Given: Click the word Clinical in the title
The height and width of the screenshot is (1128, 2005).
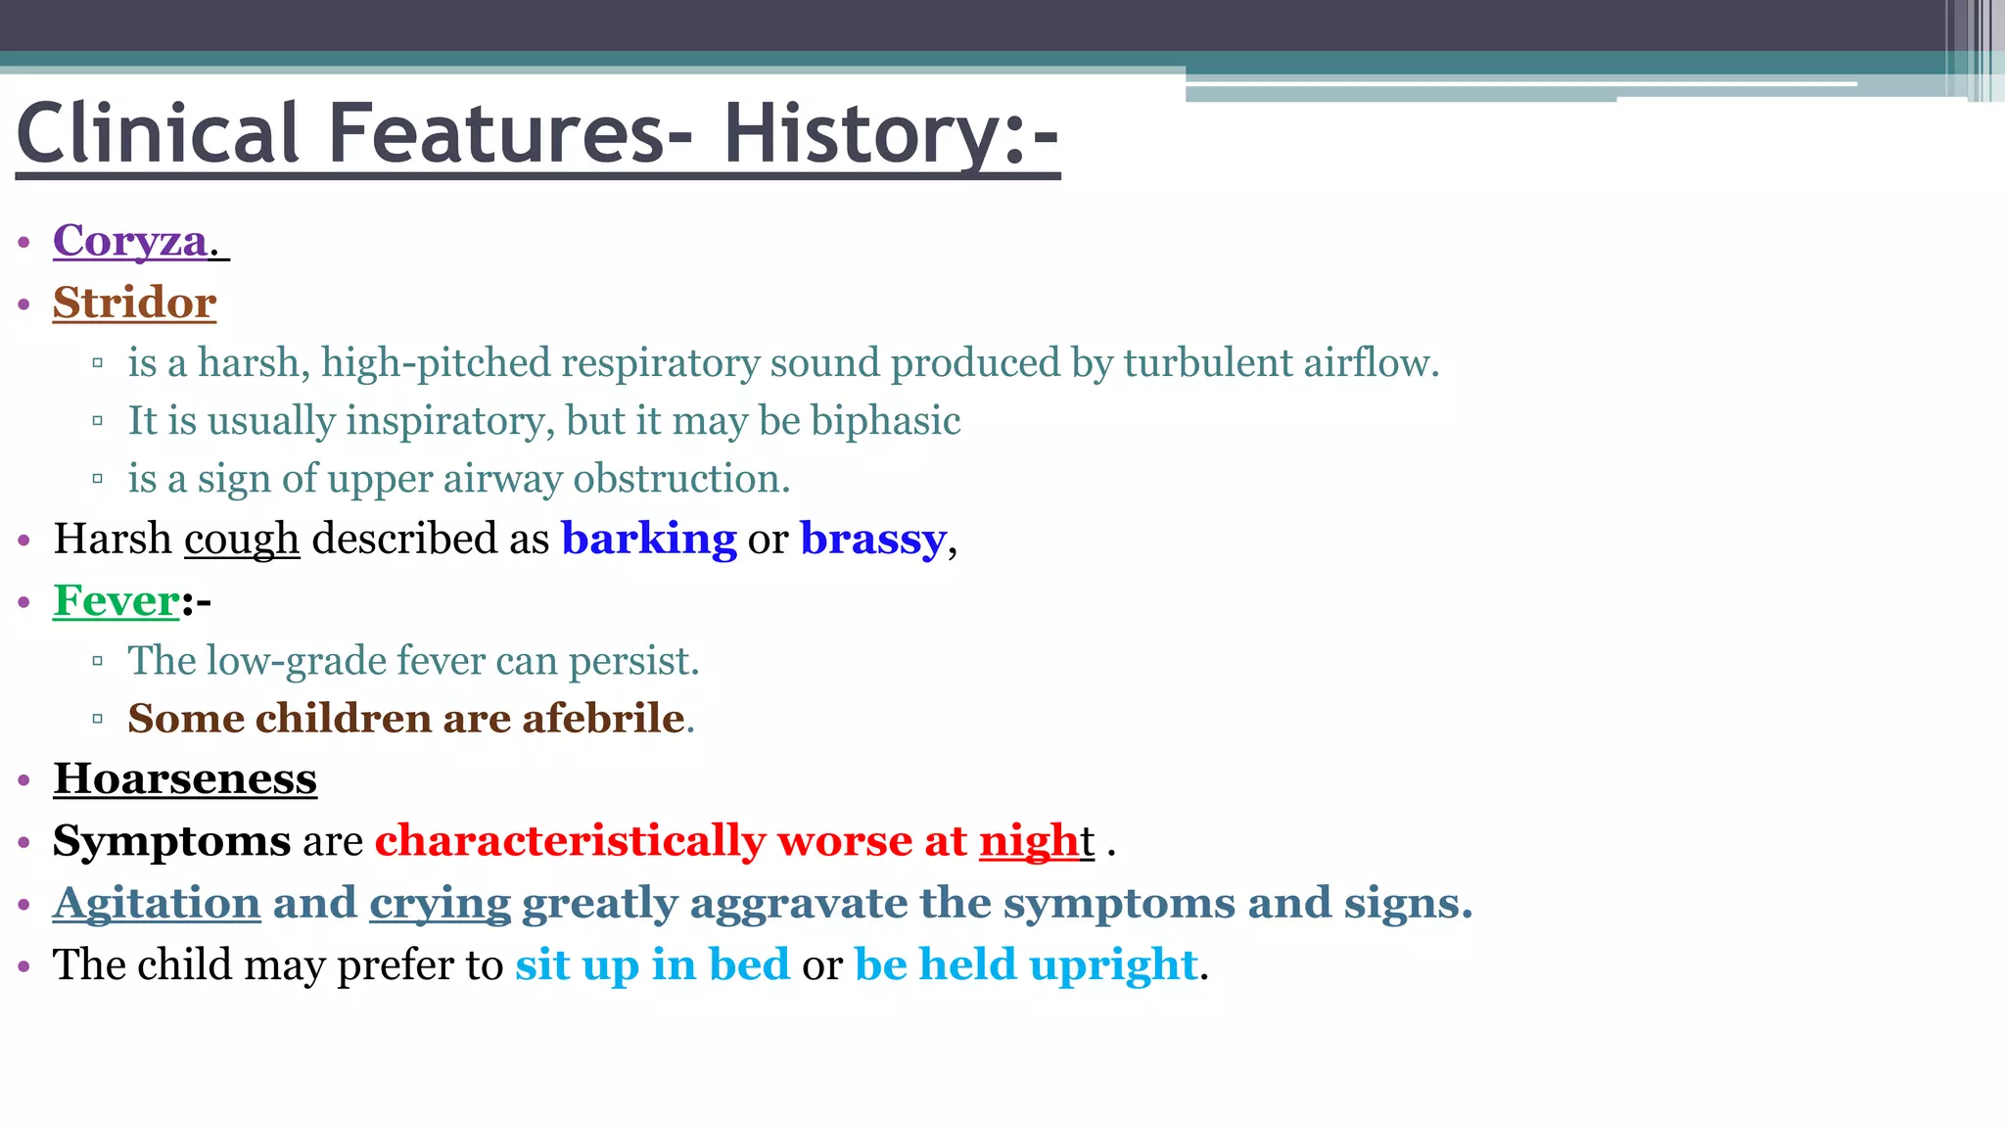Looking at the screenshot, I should (158, 134).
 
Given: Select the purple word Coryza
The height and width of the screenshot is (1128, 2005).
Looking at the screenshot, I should (130, 241).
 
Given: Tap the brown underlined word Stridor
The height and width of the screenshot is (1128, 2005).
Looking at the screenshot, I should (134, 303).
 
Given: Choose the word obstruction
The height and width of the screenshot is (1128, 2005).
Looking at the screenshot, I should (680, 479).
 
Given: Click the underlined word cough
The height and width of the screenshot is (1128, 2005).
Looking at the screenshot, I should (241, 540).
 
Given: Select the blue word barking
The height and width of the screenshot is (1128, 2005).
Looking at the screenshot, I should (648, 540).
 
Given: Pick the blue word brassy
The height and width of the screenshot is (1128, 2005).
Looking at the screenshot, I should (872, 540).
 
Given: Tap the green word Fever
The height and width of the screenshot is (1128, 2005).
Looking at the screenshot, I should (117, 601).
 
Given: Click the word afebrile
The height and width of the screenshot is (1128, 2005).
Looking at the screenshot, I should (602, 719).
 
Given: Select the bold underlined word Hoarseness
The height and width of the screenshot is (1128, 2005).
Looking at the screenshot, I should (185, 779).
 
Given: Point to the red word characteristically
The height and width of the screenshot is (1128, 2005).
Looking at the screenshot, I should (570, 841).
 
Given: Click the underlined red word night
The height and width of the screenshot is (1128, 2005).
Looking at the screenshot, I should (1029, 841).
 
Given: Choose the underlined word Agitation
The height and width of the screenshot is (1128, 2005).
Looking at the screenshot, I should (157, 903).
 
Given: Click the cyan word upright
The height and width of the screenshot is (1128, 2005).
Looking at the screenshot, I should (1113, 965).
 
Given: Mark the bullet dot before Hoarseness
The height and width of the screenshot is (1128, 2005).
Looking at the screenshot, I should (24, 781).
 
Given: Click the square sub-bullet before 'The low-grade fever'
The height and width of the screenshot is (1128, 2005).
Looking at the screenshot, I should (97, 662).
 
